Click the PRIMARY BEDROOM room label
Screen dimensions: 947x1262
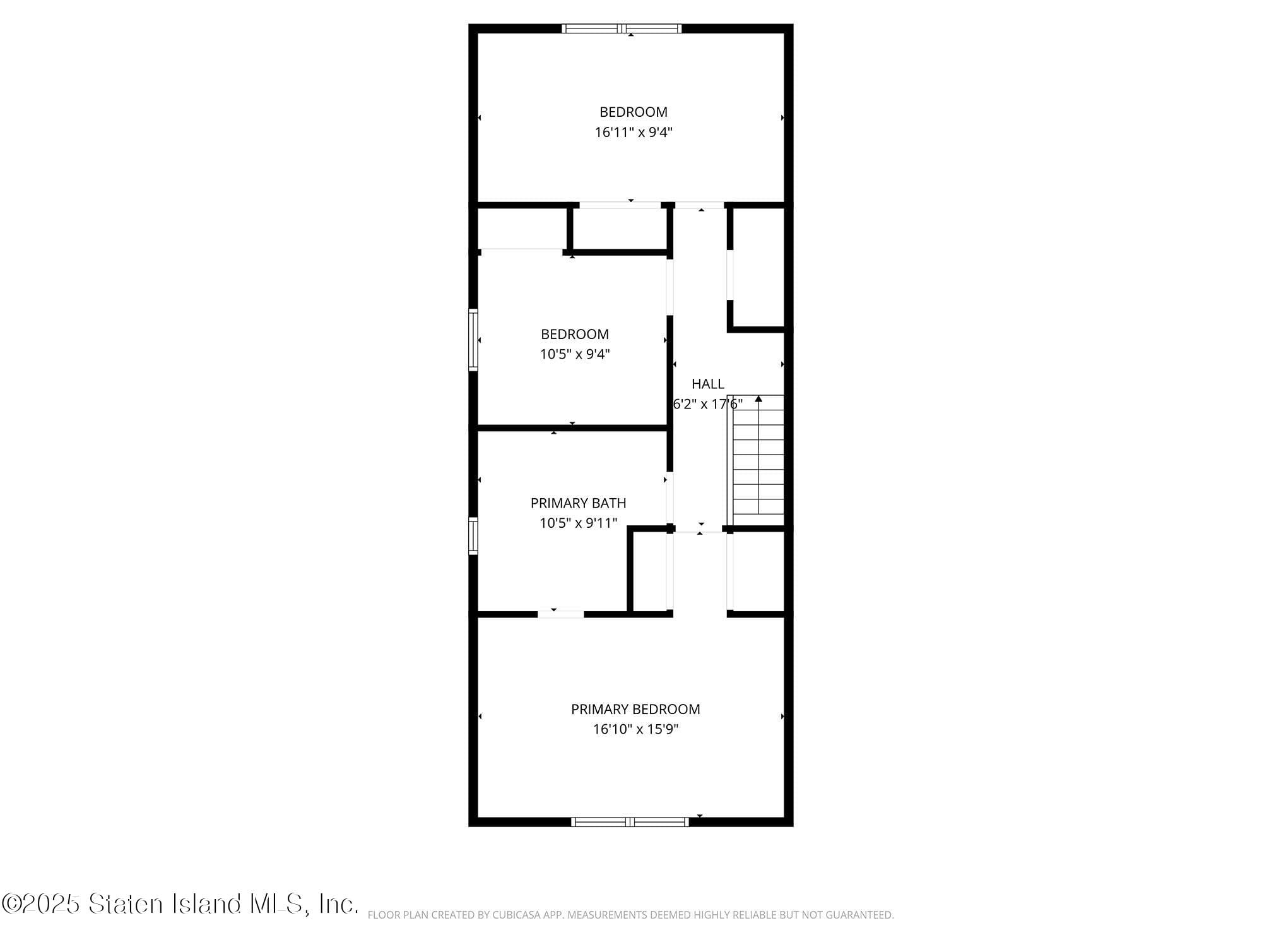click(635, 709)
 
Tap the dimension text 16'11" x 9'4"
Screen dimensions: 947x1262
click(634, 133)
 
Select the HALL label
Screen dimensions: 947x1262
click(708, 384)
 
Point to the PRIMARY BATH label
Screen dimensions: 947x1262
click(578, 503)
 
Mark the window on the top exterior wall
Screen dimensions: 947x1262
click(622, 28)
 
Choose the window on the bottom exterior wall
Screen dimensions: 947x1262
click(630, 821)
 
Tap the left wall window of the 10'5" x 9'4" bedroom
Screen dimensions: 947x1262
click(473, 340)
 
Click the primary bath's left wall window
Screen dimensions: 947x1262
click(473, 536)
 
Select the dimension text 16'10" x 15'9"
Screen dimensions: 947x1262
click(635, 729)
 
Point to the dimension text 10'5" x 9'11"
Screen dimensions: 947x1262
click(578, 523)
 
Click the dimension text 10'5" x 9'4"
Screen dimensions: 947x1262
click(575, 354)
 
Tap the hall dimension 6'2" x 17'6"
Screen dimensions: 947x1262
click(708, 404)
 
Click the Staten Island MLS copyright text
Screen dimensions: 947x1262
click(180, 904)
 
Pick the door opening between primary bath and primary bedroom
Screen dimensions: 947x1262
click(561, 614)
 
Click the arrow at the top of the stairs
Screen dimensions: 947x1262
click(758, 399)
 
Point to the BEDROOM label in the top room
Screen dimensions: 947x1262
click(634, 112)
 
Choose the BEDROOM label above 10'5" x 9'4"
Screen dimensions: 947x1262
click(575, 334)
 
